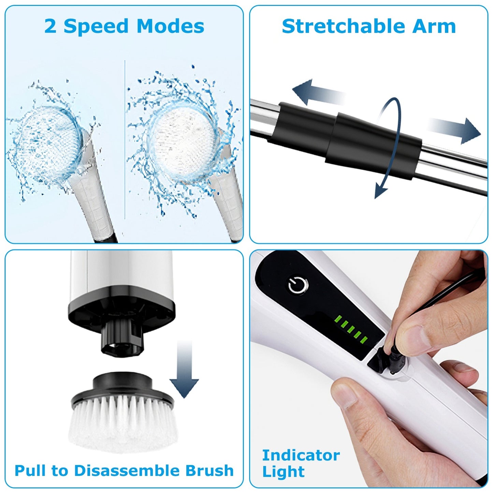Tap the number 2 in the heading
pyautogui.click(x=50, y=27)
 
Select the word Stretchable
pyautogui.click(x=344, y=27)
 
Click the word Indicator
pyautogui.click(x=301, y=455)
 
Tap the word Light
pyautogui.click(x=283, y=472)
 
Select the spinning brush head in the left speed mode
pyautogui.click(x=48, y=143)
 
